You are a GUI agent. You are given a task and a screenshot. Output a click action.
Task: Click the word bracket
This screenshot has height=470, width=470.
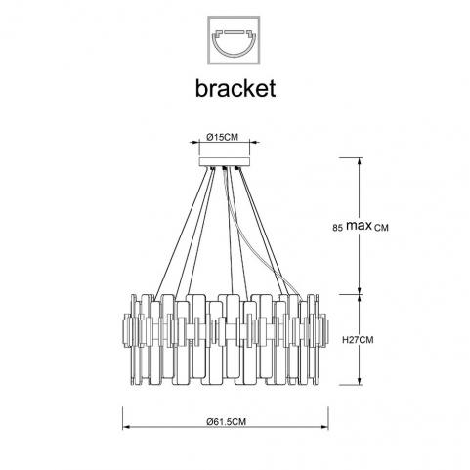pos(235,88)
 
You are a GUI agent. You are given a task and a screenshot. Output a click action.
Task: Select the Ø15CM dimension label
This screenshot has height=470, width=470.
pos(223,137)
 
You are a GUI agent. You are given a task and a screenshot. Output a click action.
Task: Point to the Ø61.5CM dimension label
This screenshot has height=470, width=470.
pos(227,422)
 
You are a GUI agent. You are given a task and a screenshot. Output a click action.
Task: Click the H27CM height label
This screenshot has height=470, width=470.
pos(358,340)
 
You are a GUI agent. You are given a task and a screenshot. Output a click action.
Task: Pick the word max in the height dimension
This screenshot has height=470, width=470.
pos(359,225)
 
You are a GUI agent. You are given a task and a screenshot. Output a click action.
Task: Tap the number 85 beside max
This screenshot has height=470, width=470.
pos(338,228)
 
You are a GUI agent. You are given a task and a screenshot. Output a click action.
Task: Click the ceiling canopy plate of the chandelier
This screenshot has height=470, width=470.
pos(225,162)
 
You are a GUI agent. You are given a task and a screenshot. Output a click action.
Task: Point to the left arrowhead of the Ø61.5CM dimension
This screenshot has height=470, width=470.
pos(126,427)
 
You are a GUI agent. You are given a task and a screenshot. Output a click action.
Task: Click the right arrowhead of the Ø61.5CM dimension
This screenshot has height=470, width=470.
pos(324,427)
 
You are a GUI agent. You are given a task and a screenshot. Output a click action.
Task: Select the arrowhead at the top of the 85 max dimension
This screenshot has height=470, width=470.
pos(360,162)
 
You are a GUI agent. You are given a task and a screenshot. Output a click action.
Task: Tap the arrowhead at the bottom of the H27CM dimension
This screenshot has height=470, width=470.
pos(360,381)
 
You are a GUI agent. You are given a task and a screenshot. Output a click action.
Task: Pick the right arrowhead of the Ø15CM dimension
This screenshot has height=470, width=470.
pos(254,142)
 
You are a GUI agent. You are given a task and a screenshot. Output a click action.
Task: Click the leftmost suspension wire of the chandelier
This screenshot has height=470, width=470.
pos(181,235)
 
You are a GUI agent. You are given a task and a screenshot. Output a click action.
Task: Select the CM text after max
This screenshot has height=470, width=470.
pos(381,228)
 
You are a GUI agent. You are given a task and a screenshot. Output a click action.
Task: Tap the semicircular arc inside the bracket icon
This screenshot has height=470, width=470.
pos(234,48)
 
